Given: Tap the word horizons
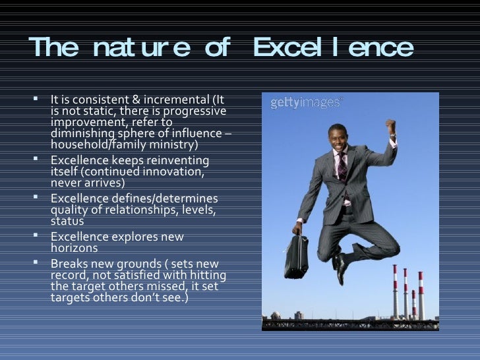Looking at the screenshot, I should point(74,248).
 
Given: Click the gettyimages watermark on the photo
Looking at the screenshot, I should point(306,104).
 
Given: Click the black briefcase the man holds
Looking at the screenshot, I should point(296,256).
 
